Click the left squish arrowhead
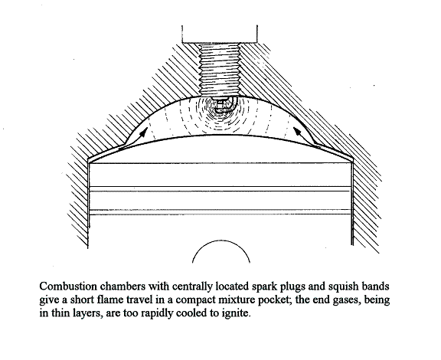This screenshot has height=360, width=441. click(x=144, y=132)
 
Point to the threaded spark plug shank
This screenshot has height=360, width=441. click(x=220, y=70)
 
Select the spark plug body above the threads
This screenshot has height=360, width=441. click(x=220, y=34)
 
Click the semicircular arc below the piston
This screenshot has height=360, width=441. click(x=221, y=244)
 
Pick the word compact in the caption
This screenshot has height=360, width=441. click(x=196, y=300)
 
